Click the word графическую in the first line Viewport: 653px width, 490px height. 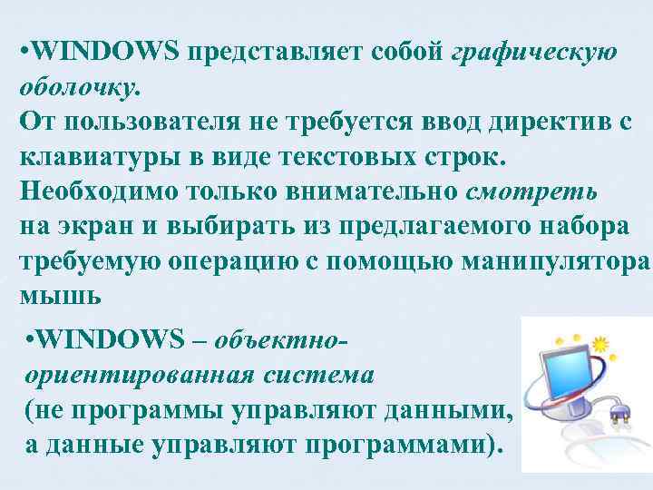coord(534,52)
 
